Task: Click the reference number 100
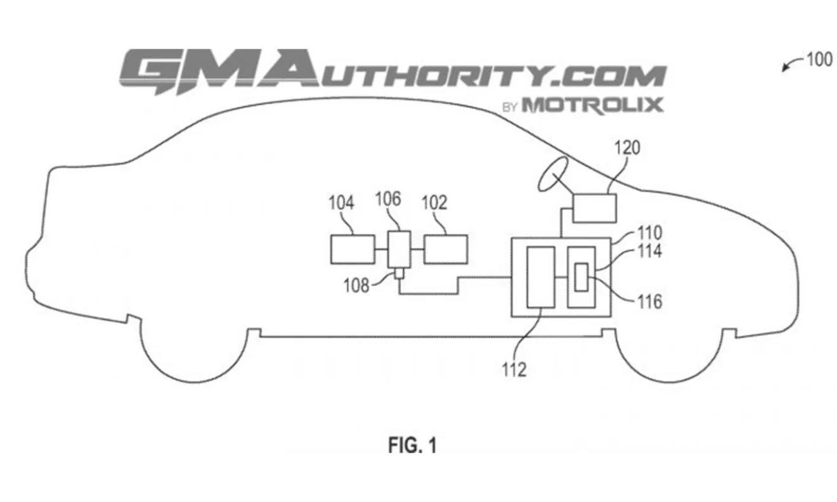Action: point(819,60)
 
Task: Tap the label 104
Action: point(341,203)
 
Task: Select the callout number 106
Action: point(387,199)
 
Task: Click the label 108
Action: point(356,285)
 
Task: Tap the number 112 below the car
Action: point(514,369)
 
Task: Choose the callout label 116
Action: point(649,301)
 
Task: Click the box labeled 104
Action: point(353,249)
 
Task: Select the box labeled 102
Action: point(446,249)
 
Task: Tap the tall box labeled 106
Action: point(399,249)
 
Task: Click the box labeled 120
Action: point(594,208)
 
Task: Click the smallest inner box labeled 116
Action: point(581,278)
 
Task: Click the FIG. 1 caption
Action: point(412,446)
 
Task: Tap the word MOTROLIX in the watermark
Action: point(591,104)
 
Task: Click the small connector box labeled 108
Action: point(399,274)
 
